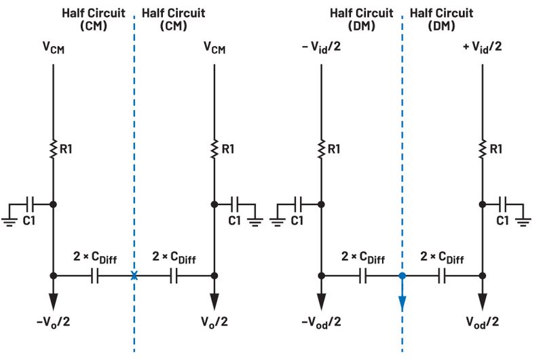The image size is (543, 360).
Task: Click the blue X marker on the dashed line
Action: [134, 276]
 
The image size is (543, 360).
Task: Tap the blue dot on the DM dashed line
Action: [402, 276]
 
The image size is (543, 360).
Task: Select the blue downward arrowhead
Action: [402, 304]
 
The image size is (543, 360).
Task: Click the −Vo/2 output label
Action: [54, 321]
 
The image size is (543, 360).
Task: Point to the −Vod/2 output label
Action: [321, 322]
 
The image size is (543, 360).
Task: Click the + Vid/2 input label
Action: [483, 47]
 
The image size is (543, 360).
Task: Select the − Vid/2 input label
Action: [321, 47]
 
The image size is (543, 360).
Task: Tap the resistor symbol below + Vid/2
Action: [483, 149]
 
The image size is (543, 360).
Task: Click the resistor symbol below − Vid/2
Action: [321, 149]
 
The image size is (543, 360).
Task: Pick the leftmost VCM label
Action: [54, 48]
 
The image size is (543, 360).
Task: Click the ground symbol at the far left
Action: [10, 221]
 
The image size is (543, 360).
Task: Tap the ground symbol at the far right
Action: [523, 221]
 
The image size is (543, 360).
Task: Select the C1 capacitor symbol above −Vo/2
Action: [30, 204]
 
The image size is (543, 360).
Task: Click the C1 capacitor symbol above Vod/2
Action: [503, 204]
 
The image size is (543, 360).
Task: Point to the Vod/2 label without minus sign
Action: [483, 322]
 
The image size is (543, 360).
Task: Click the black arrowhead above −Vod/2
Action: [321, 302]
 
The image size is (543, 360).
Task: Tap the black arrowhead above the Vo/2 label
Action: [214, 302]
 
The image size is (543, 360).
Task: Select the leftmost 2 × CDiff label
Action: [95, 257]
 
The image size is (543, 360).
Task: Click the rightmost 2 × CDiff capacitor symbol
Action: [442, 276]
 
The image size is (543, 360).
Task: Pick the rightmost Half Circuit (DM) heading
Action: [442, 20]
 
